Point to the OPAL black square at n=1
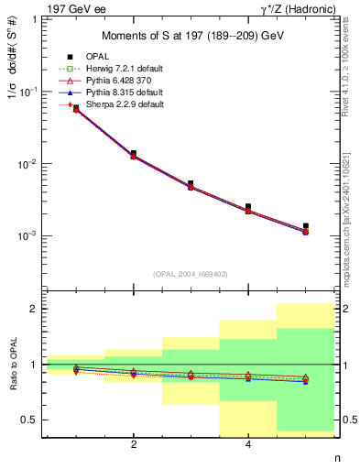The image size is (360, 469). [76, 108]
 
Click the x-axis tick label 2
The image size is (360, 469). [134, 446]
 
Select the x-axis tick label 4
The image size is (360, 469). [248, 446]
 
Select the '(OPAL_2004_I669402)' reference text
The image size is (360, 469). [190, 273]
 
